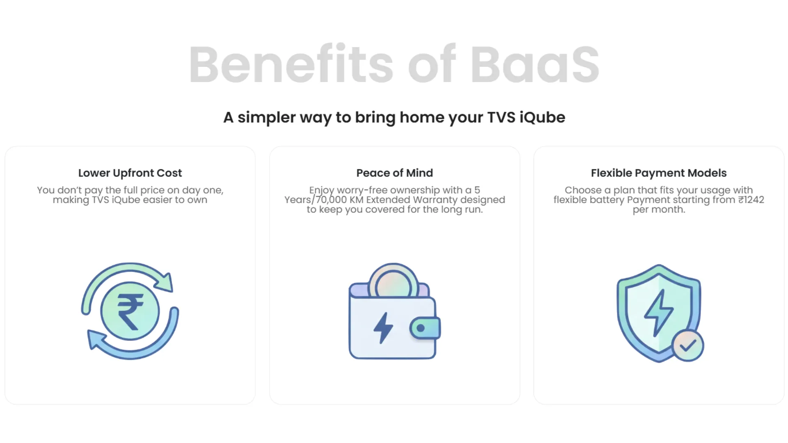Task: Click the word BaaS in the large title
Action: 534,65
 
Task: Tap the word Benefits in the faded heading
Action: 291,65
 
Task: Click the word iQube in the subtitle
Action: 542,118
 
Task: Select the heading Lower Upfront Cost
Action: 130,173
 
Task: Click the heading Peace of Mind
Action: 394,173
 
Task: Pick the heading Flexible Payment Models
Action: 659,173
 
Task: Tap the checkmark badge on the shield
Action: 687,345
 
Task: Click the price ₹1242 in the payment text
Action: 751,200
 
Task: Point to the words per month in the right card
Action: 659,210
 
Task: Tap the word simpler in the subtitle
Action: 266,118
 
